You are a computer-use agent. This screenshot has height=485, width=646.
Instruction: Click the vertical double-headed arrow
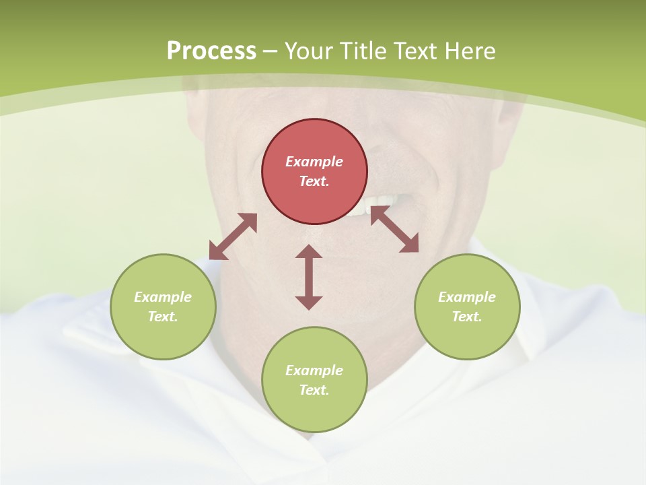pyautogui.click(x=309, y=277)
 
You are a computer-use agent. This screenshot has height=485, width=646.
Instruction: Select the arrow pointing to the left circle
pyautogui.click(x=233, y=236)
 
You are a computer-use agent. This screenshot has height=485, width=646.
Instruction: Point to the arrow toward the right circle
pyautogui.click(x=394, y=230)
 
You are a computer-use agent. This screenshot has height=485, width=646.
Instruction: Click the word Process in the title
pyautogui.click(x=211, y=51)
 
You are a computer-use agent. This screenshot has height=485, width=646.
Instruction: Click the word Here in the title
pyautogui.click(x=470, y=51)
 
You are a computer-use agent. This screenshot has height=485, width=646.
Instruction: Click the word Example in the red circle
pyautogui.click(x=314, y=162)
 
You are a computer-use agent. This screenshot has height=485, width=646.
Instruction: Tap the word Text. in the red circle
pyautogui.click(x=314, y=181)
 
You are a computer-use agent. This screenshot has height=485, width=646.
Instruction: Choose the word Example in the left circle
pyautogui.click(x=163, y=297)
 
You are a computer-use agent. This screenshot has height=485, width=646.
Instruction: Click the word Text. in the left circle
pyautogui.click(x=163, y=317)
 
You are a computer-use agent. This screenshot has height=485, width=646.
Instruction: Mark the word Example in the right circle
pyautogui.click(x=467, y=297)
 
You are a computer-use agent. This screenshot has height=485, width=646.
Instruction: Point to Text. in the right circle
pyautogui.click(x=467, y=317)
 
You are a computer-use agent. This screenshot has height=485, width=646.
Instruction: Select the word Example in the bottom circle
pyautogui.click(x=314, y=370)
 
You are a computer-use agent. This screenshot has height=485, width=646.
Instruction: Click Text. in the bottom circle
pyautogui.click(x=314, y=390)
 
